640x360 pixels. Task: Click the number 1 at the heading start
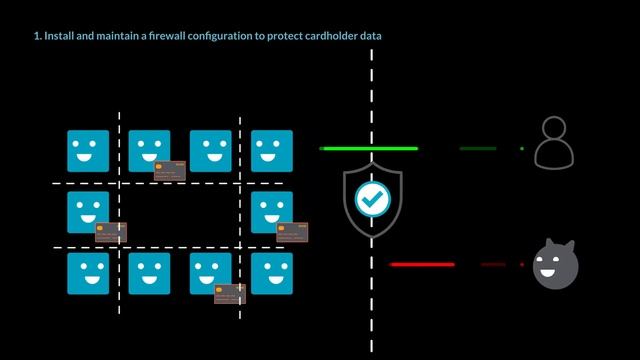pos(36,36)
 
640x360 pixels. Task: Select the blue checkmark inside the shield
pos(372,199)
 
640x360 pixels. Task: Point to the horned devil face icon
pos(555,265)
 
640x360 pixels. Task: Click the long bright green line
pos(368,148)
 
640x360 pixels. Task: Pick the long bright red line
pos(422,265)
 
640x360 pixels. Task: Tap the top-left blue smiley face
pos(88,150)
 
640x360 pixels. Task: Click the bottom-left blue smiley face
pos(88,273)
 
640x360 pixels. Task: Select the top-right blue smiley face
pos(272,150)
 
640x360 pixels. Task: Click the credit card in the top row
pos(170,170)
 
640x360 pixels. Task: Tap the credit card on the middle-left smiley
pos(111,232)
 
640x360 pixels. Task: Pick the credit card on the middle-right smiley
pos(292,232)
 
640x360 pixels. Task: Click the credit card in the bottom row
pos(230,293)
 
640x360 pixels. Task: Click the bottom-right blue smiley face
pos(272,273)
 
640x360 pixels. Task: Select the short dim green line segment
pos(478,148)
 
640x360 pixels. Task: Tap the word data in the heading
pos(369,36)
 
